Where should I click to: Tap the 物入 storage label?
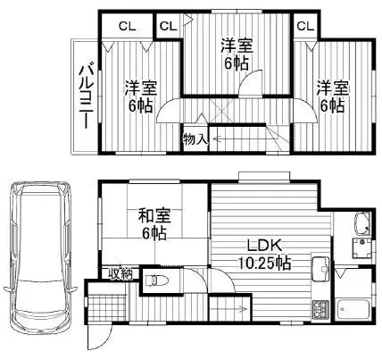point(195,139)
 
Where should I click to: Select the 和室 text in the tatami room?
point(154,215)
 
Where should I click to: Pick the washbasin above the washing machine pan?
point(362,224)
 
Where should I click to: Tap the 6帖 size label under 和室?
point(154,233)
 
